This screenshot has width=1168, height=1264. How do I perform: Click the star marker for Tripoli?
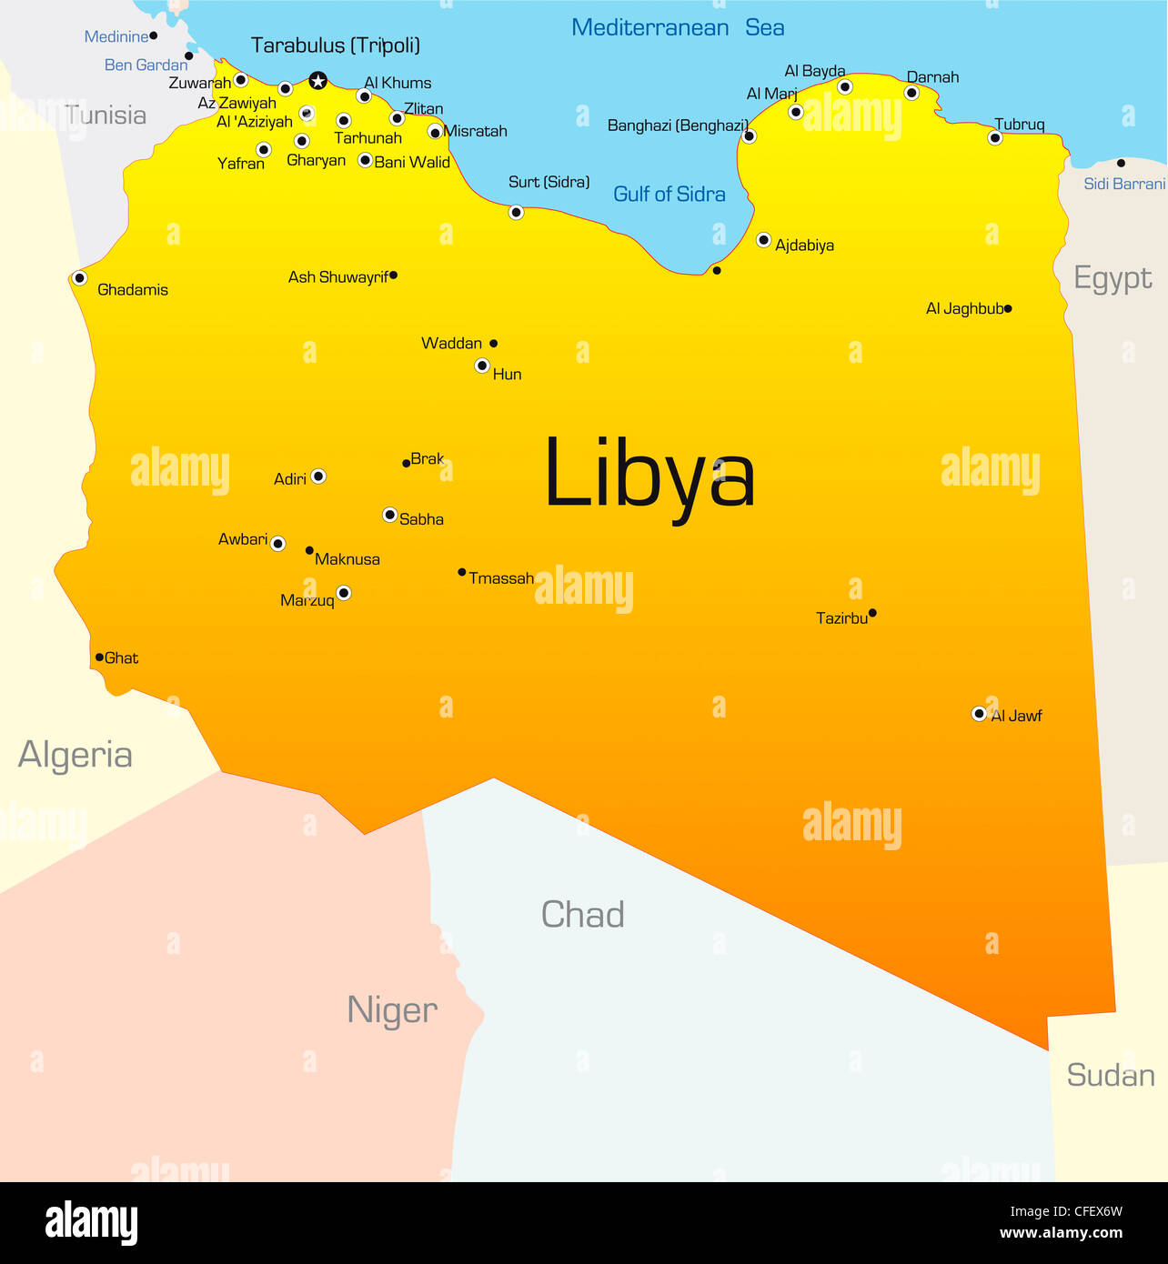tap(317, 81)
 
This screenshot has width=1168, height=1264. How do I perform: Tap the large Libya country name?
tap(649, 475)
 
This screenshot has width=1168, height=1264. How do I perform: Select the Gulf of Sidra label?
tap(669, 194)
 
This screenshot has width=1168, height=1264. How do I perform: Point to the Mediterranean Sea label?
tap(678, 28)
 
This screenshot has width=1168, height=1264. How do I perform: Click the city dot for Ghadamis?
tap(80, 278)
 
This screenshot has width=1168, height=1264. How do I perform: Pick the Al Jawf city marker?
tap(979, 714)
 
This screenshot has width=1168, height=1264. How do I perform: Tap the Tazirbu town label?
tap(841, 618)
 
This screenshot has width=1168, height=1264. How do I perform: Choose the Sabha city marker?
tap(390, 515)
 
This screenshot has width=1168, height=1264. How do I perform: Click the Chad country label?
tap(582, 915)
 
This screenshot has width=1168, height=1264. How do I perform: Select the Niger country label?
tap(392, 1010)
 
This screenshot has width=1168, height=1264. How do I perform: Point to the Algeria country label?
tap(76, 755)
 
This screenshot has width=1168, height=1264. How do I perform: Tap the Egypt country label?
tap(1113, 278)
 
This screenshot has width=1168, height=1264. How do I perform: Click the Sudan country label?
tap(1111, 1075)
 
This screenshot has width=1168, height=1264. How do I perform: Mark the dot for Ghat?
tap(99, 657)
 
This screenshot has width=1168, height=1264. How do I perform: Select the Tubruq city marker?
tap(995, 138)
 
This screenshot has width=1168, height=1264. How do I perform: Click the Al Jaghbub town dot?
tap(1008, 309)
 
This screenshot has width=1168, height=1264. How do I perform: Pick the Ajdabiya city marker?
tap(764, 240)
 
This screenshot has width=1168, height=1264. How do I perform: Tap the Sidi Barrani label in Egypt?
tap(1124, 184)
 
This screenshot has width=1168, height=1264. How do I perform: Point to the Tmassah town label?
tap(501, 578)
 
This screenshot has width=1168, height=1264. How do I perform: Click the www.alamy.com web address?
tap(1061, 1233)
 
